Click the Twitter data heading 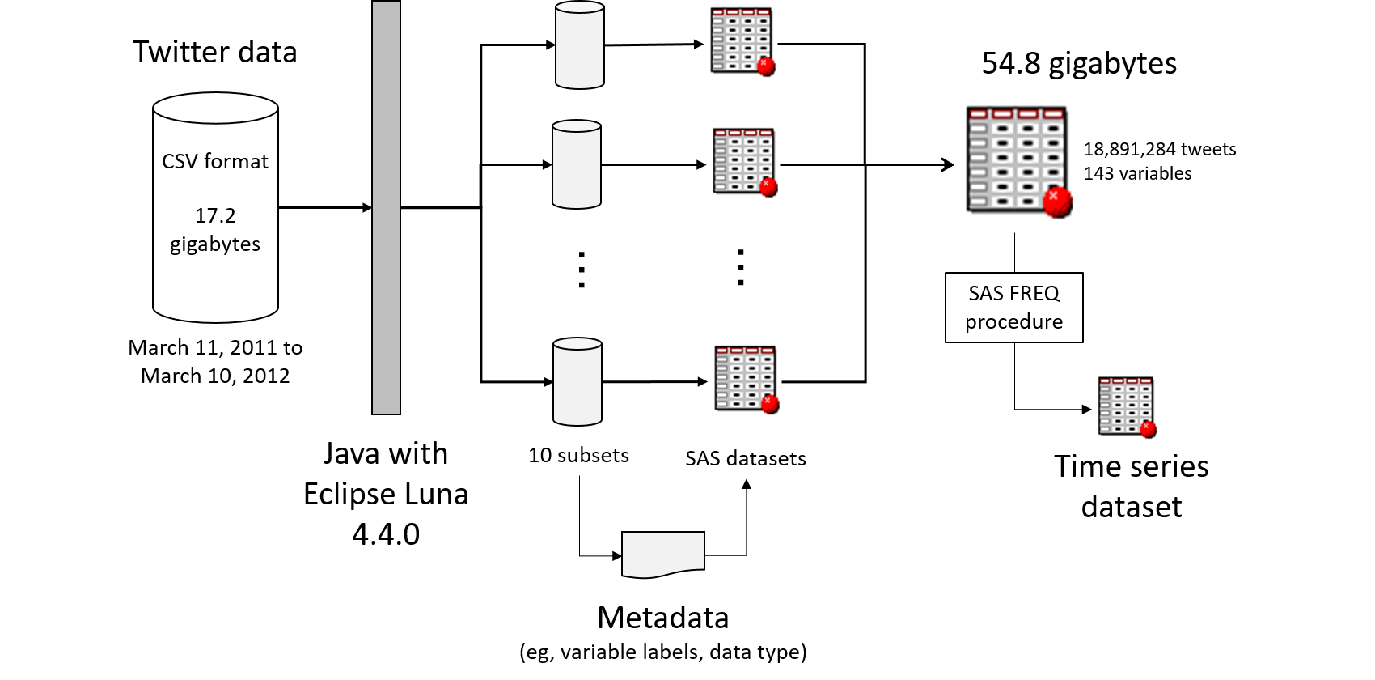[x=215, y=53]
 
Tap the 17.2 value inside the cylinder [x=215, y=215]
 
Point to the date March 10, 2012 [x=215, y=376]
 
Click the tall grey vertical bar [x=386, y=207]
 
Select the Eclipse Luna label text [x=386, y=494]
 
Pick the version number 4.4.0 [x=386, y=534]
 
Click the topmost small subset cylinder [x=580, y=45]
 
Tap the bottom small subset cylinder [x=577, y=381]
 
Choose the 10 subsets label [x=578, y=455]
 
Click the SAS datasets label [x=745, y=459]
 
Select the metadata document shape [x=663, y=554]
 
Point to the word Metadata [x=663, y=618]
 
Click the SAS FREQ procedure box [x=1013, y=308]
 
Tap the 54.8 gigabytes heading [x=1079, y=63]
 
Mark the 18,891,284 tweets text [x=1159, y=150]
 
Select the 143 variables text [x=1137, y=174]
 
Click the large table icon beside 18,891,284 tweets [x=1017, y=160]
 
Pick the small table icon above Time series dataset [x=1126, y=406]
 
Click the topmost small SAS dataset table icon [x=742, y=41]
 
